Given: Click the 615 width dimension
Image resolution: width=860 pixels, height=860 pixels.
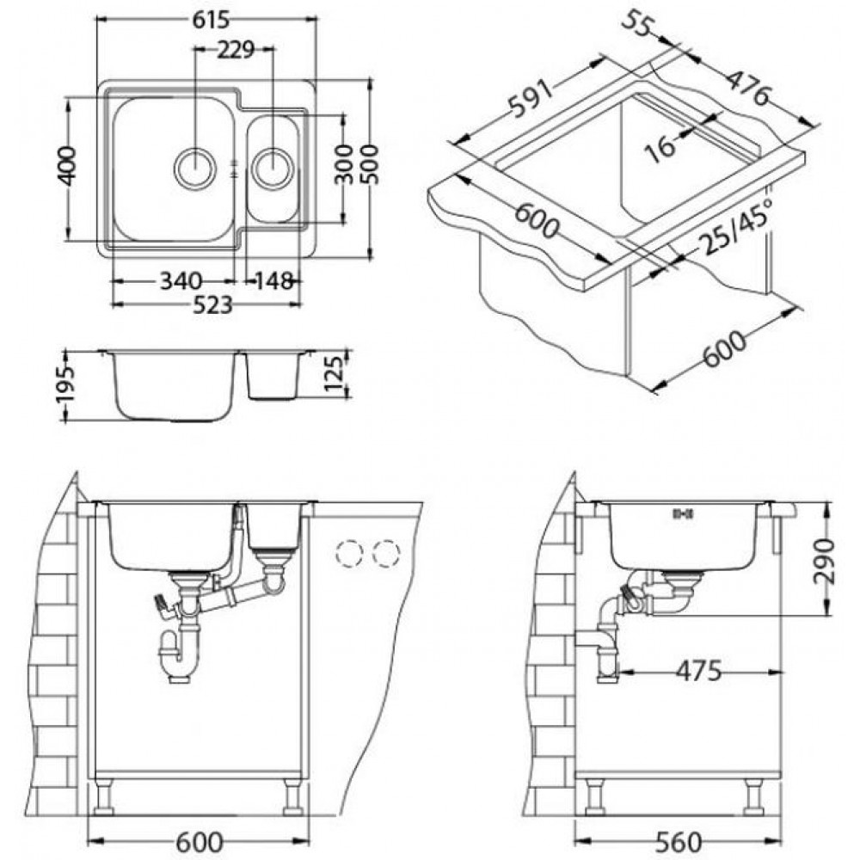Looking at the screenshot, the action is click(211, 20).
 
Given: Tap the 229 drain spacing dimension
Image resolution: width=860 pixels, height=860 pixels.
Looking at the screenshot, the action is click(236, 50).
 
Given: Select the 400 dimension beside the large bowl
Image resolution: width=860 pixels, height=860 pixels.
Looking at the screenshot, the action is click(68, 166).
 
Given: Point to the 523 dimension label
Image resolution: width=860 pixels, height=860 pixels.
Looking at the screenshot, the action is click(213, 305).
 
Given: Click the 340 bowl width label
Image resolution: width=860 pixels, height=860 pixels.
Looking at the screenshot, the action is click(181, 282).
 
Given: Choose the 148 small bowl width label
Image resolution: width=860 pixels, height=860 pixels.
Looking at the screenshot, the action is click(273, 282).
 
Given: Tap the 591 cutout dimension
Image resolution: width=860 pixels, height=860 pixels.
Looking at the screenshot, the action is click(531, 99).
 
